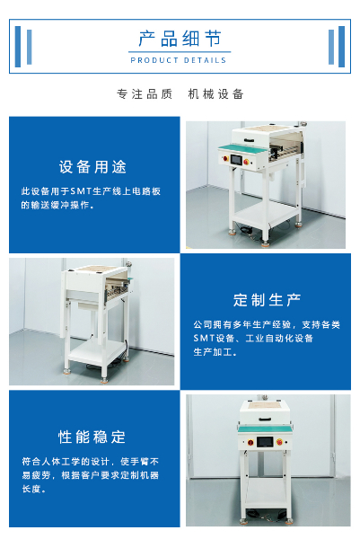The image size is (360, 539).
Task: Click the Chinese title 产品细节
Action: point(180,38)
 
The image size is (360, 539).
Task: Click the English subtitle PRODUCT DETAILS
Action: point(179,60)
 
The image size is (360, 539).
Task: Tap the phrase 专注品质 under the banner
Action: point(145,93)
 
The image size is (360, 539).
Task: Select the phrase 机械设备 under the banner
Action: point(215,93)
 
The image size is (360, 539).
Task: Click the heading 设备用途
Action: point(92,167)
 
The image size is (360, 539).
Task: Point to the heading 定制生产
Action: point(267,300)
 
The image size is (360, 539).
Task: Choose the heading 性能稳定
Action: point(92,437)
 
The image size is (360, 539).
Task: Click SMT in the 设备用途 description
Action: point(81,191)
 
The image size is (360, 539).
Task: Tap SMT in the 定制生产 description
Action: point(204,339)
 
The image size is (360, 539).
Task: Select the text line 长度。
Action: point(34,489)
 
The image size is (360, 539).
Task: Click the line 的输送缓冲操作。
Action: point(57,205)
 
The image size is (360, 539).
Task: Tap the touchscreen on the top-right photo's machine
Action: point(237,160)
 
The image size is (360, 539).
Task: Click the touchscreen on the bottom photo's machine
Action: point(265,442)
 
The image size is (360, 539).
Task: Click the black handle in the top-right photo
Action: point(250,140)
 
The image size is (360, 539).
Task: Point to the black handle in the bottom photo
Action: point(265,419)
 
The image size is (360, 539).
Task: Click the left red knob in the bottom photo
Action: point(250,442)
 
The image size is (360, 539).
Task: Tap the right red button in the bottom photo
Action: point(279,442)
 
